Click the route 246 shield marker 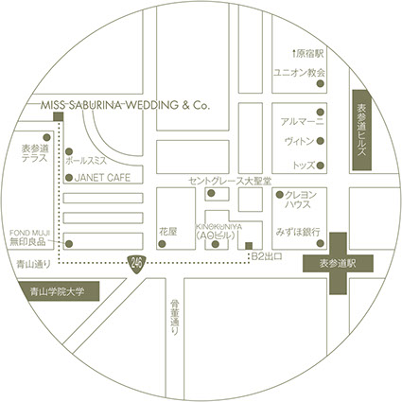(136, 263)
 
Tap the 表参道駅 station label (338, 264)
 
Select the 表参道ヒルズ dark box (362, 131)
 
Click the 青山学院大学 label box (59, 291)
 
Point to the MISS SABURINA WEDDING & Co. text (125, 105)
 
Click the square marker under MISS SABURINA (59, 116)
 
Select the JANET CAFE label (102, 178)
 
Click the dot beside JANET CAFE (69, 178)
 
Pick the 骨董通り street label (174, 317)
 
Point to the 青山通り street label (33, 264)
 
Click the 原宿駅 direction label (308, 54)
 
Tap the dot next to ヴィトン (321, 141)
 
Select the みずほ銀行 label (298, 232)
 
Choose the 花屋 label (168, 232)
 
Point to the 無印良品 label (27, 242)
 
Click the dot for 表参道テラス (46, 137)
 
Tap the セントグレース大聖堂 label (230, 181)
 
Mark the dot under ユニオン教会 (321, 83)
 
